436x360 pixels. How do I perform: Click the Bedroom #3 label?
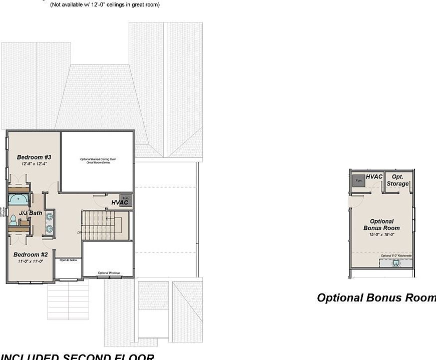click(x=34, y=157)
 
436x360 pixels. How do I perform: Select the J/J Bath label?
click(x=31, y=213)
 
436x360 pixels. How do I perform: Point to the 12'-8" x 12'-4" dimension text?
click(x=34, y=164)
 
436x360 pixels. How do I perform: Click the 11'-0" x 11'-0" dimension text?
click(x=31, y=261)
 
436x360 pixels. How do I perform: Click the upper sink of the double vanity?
click(x=50, y=216)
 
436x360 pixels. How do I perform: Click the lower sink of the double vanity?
click(x=50, y=228)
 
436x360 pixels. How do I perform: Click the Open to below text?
click(x=68, y=260)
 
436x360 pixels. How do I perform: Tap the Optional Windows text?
click(x=109, y=272)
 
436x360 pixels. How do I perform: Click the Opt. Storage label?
click(x=398, y=180)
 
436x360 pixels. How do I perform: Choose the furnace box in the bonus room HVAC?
click(x=358, y=181)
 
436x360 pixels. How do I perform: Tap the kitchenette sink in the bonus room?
click(x=396, y=263)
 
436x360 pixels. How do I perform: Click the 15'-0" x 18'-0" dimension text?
click(x=382, y=234)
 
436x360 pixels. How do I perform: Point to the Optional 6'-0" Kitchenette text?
click(x=396, y=255)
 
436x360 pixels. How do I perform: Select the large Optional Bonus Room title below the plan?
click(x=376, y=298)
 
